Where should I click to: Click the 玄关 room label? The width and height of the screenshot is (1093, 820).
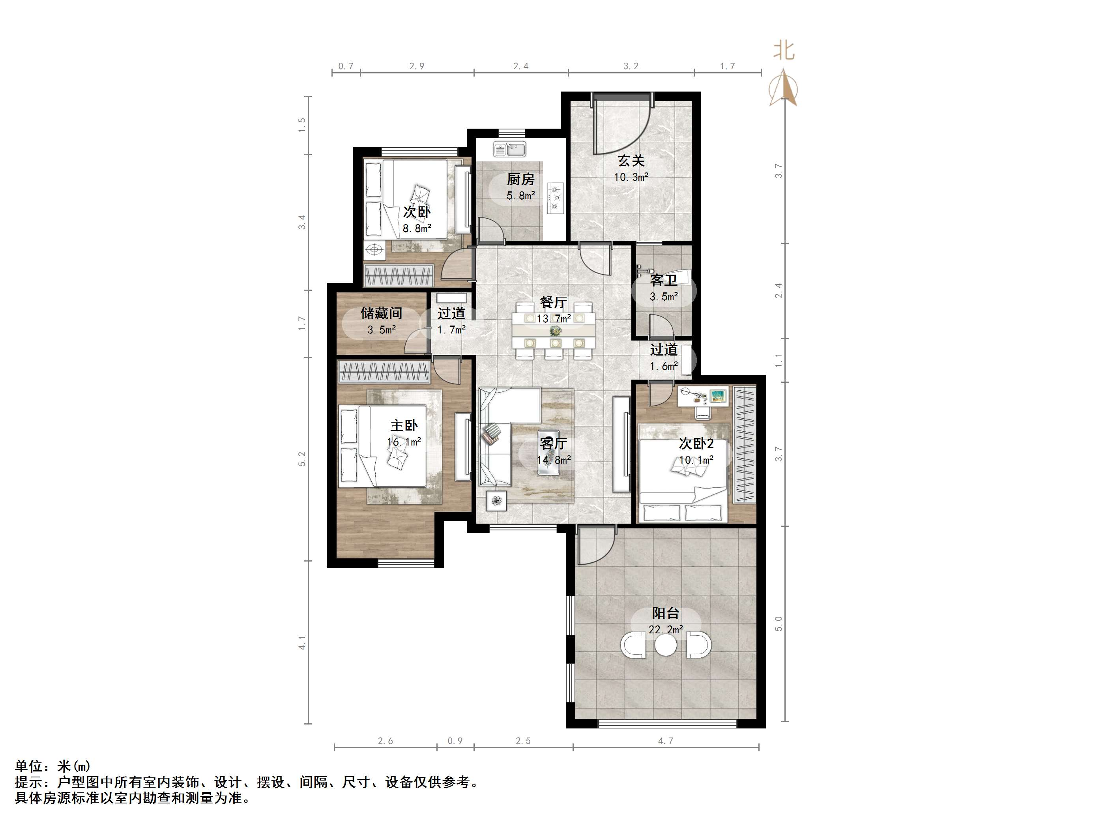point(631,161)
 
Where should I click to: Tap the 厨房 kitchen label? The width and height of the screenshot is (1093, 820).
point(520,180)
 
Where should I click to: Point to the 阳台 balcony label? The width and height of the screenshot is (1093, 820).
point(665,613)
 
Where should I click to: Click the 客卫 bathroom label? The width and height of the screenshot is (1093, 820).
point(663,281)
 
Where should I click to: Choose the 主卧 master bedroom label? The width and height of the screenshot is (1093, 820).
point(404,425)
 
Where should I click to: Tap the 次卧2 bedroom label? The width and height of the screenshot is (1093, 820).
point(696,444)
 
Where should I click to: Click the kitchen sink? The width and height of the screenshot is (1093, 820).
point(509,149)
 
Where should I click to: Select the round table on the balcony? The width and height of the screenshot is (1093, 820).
point(666,645)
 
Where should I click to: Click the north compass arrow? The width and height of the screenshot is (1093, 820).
point(783,88)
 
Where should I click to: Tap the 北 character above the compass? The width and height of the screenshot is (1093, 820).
point(784,51)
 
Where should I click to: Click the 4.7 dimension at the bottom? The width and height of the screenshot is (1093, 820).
point(666,740)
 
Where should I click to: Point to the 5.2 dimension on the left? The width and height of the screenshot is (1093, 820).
point(302,459)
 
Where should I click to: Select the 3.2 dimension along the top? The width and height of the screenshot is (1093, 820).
point(631,66)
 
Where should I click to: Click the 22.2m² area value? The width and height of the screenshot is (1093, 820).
point(666,630)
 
